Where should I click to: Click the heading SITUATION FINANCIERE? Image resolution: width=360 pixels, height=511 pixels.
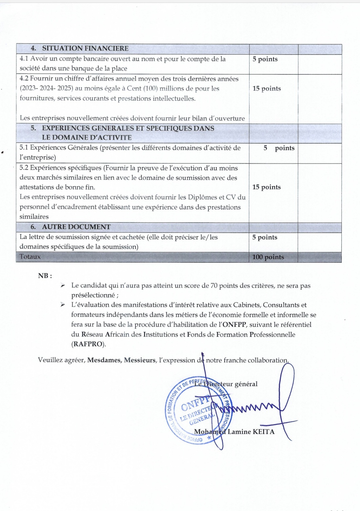point(85,49)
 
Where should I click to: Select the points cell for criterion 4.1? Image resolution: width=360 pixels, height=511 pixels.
point(265,59)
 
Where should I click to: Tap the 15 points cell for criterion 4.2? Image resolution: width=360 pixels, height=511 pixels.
point(267,89)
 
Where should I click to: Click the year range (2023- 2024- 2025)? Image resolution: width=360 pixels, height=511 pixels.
point(46,89)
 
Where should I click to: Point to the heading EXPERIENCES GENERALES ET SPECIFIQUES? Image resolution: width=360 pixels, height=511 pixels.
point(128,129)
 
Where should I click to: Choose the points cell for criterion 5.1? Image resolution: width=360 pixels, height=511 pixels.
point(279,148)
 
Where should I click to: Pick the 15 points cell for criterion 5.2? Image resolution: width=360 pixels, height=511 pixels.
point(266,187)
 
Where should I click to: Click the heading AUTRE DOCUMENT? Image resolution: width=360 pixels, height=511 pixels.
point(76,227)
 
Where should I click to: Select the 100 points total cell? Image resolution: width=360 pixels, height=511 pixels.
point(268,257)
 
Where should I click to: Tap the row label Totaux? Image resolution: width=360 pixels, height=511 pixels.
point(30,257)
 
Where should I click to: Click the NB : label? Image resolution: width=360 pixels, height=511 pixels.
point(45,276)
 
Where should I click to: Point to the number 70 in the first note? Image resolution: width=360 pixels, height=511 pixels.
point(214,286)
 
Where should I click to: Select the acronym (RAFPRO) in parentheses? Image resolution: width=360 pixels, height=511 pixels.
point(88,344)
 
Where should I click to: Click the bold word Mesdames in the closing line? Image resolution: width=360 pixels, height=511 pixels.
point(104,360)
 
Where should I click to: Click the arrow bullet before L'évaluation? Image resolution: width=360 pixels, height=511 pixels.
point(63,305)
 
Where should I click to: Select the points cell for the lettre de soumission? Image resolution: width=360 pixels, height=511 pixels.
point(265,238)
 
